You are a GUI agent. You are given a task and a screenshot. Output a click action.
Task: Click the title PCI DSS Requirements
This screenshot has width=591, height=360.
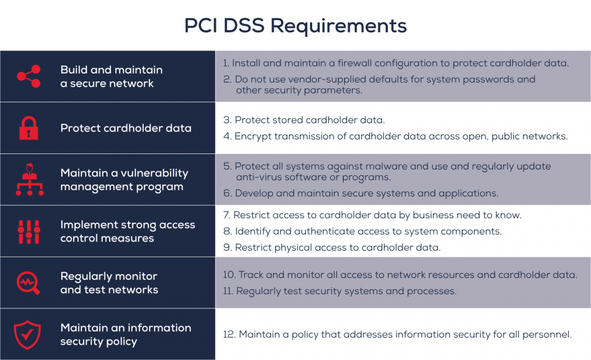click(x=295, y=25)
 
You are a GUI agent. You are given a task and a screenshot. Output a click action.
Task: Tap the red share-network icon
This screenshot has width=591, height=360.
click(x=28, y=77)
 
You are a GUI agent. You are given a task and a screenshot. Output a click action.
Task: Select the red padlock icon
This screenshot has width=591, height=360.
click(x=28, y=128)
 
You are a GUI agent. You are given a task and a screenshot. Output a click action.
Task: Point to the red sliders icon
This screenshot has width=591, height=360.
click(x=28, y=231)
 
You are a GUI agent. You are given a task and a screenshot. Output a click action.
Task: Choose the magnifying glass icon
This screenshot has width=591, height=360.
click(x=28, y=283)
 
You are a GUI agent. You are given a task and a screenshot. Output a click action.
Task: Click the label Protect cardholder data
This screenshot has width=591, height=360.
click(x=126, y=128)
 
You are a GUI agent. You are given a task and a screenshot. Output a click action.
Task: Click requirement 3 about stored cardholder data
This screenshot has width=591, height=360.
click(x=304, y=120)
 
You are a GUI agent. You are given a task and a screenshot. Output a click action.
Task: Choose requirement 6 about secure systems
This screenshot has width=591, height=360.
click(x=361, y=193)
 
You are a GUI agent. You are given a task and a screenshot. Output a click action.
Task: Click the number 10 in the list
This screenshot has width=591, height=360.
click(x=228, y=275)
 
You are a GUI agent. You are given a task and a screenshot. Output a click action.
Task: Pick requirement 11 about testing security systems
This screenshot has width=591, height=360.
click(x=339, y=291)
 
